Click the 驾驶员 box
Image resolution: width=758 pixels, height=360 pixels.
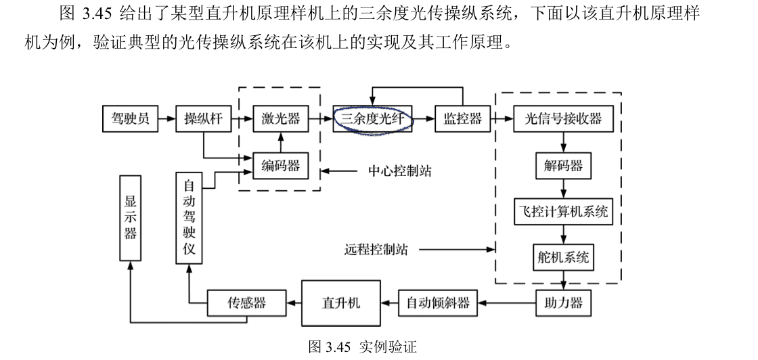(130, 119)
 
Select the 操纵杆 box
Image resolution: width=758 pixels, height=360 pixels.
(203, 119)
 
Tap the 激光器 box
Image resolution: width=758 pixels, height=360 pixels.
(280, 119)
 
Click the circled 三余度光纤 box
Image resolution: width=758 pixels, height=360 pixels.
(372, 119)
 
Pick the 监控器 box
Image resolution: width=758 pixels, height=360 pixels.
(462, 119)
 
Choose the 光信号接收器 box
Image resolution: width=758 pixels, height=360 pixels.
(563, 119)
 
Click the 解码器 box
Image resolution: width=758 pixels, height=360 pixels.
(563, 165)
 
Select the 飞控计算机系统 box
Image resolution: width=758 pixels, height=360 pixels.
(563, 212)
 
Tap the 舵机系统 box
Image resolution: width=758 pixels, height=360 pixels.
(563, 257)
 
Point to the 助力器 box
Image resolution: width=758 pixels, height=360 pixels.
(563, 302)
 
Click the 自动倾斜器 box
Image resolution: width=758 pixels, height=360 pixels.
(438, 302)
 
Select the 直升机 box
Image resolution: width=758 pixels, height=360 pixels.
(341, 302)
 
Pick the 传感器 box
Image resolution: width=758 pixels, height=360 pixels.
(246, 302)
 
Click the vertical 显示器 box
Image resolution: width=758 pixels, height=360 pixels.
(130, 217)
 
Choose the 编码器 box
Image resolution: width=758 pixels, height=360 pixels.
(280, 164)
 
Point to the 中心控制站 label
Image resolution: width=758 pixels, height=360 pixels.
(399, 170)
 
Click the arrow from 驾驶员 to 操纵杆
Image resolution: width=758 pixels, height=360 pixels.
(166, 119)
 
